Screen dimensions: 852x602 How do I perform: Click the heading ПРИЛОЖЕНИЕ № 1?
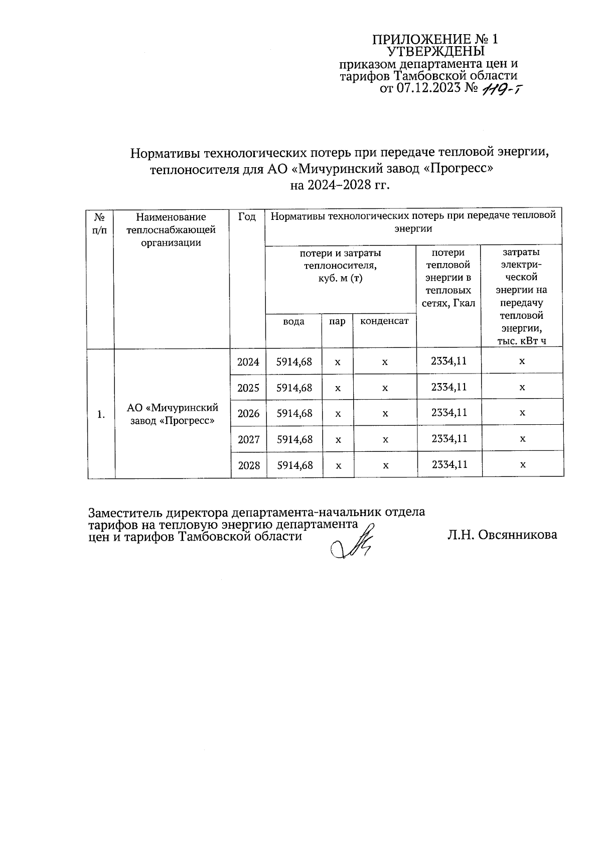(435, 40)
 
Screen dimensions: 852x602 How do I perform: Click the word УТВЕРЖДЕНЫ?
(436, 52)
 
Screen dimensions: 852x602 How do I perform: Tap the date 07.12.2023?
(428, 89)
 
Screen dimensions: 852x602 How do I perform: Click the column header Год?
(247, 217)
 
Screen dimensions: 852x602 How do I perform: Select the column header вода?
(293, 321)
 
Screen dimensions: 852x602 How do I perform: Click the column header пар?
(337, 321)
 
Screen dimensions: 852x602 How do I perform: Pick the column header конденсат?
(384, 321)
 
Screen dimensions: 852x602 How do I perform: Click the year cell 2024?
(248, 362)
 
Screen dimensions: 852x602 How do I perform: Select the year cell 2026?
(248, 414)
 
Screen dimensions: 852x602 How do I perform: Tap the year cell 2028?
(249, 465)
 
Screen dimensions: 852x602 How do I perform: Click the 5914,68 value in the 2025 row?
(294, 388)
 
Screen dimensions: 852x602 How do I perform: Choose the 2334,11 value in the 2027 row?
(449, 439)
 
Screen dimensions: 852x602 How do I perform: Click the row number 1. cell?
(101, 414)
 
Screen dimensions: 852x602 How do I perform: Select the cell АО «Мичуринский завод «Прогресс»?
(173, 414)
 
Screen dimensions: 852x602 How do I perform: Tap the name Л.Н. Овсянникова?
(502, 535)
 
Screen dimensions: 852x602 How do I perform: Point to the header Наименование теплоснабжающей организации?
(171, 230)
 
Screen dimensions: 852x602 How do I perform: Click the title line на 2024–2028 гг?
(340, 186)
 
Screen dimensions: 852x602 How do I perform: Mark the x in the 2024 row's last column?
(522, 361)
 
